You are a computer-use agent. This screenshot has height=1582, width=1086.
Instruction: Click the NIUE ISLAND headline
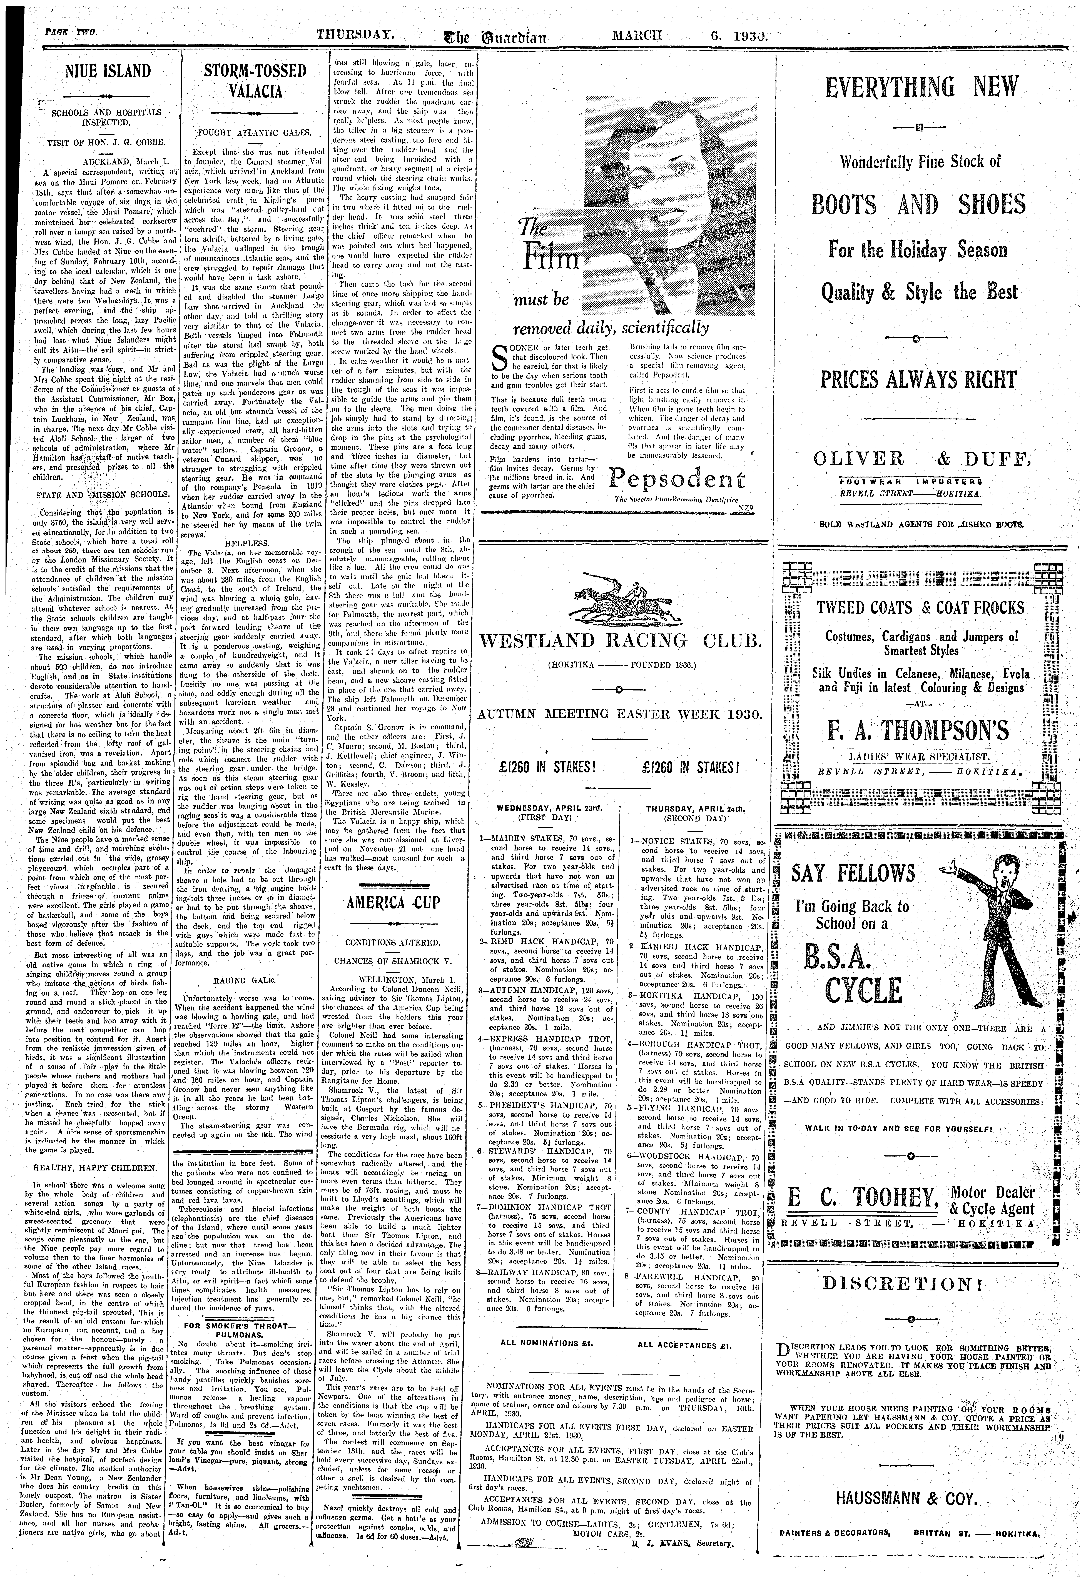[102, 71]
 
